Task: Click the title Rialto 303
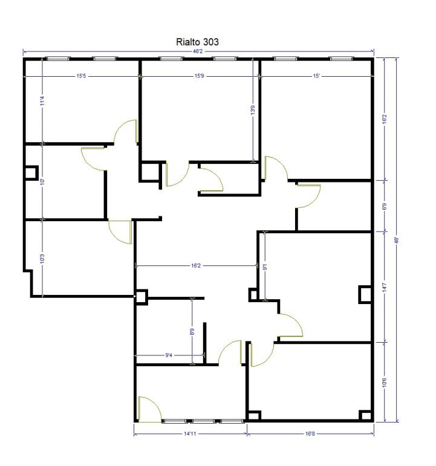click(x=197, y=42)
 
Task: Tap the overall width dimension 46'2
click(x=198, y=53)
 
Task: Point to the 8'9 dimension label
click(x=192, y=331)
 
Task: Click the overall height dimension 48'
click(x=397, y=240)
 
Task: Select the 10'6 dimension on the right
click(x=385, y=382)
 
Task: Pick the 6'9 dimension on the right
click(x=385, y=205)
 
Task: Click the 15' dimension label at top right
click(x=316, y=76)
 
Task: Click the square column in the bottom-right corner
click(x=364, y=415)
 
